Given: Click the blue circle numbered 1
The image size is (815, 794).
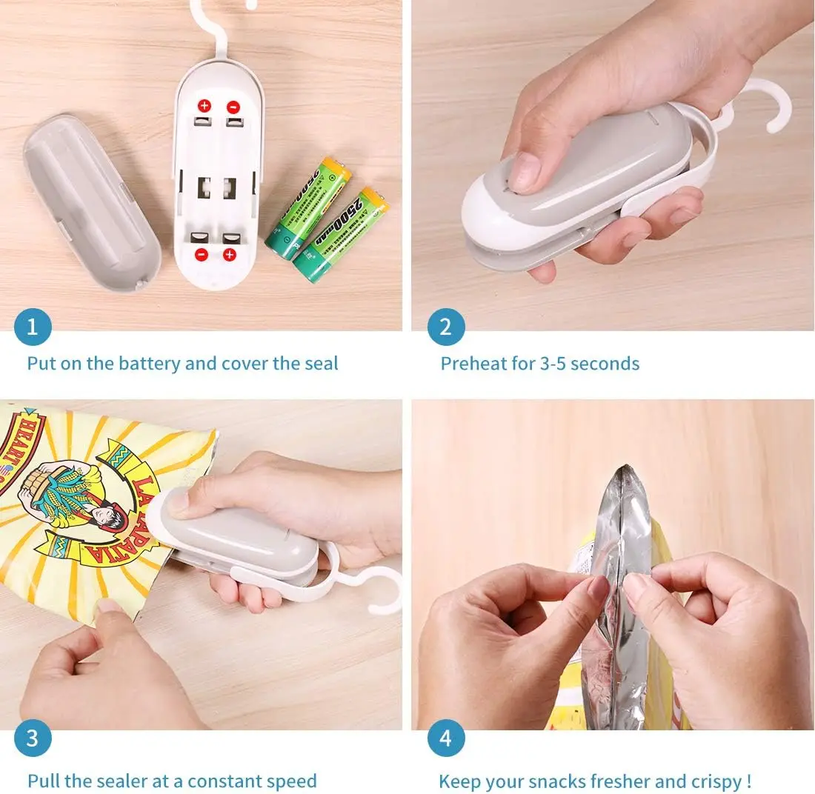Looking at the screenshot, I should click(x=33, y=327).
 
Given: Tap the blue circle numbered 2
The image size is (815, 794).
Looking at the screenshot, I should click(x=446, y=327).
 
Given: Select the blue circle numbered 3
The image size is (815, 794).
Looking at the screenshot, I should click(x=33, y=738).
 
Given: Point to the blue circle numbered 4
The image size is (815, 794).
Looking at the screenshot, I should click(x=446, y=738).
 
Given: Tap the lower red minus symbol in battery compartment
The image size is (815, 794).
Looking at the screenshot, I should click(x=201, y=255).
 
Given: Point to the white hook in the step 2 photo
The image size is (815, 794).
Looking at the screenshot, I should click(x=763, y=104).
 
